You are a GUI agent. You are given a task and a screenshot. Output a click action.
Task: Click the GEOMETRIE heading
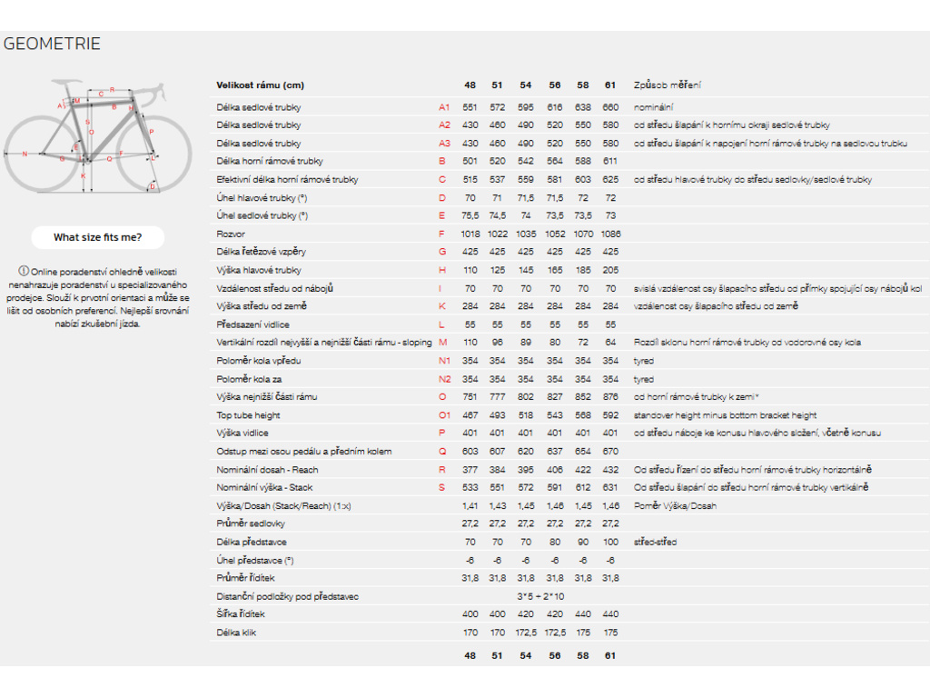[52, 44]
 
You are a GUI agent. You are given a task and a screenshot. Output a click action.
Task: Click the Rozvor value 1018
[470, 234]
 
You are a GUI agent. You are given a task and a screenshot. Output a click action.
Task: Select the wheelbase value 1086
[610, 234]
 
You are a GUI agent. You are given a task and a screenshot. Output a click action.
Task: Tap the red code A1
[444, 107]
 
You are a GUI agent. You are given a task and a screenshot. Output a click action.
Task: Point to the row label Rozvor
[231, 234]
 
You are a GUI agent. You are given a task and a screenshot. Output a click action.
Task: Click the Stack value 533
[470, 488]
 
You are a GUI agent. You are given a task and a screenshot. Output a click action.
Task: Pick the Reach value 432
[610, 470]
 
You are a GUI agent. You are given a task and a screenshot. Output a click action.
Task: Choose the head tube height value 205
[610, 270]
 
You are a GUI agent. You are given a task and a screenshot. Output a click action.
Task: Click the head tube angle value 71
[497, 197]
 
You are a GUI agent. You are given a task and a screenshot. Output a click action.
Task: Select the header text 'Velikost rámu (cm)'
[260, 85]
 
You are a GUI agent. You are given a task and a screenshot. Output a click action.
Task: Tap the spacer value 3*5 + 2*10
[539, 596]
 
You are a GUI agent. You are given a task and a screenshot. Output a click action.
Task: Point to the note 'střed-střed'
[656, 543]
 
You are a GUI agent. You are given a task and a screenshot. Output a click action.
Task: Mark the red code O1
[444, 415]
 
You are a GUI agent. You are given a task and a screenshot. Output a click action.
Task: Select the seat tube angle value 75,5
[470, 215]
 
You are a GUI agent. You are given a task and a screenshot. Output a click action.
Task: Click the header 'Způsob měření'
[668, 85]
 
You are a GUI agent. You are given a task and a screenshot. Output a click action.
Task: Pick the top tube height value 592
[610, 415]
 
